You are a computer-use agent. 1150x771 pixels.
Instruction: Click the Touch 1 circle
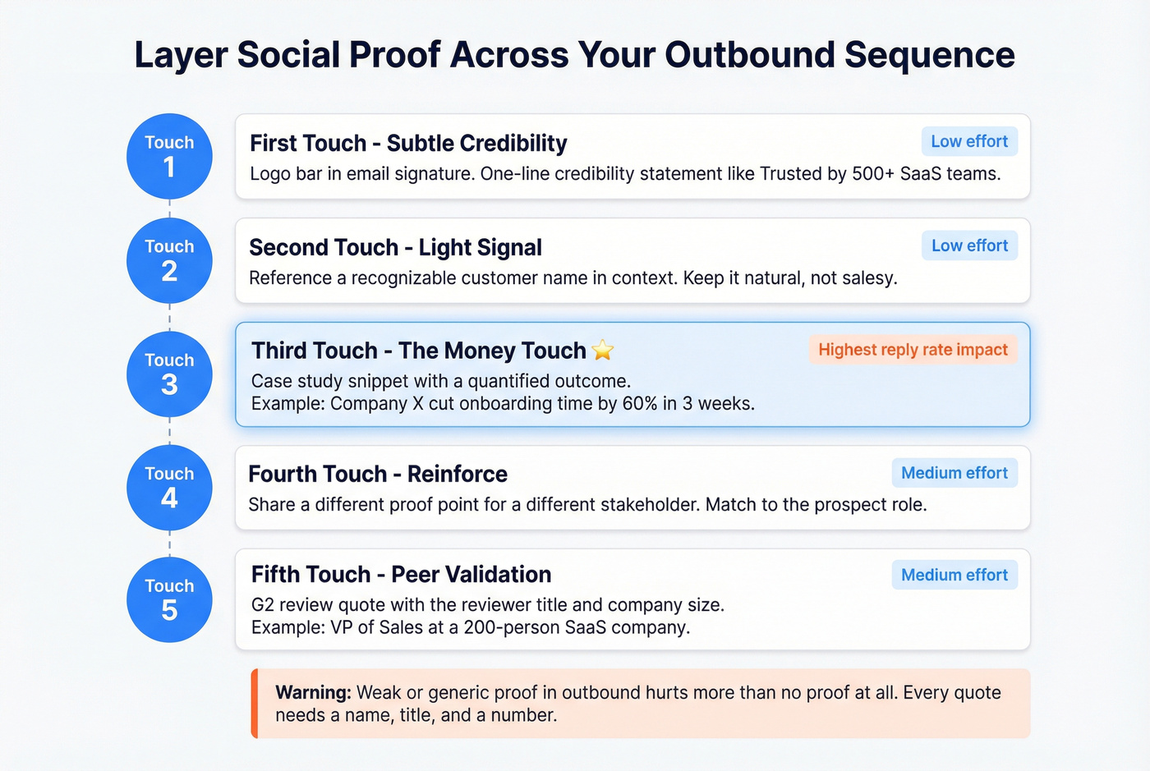[x=169, y=156]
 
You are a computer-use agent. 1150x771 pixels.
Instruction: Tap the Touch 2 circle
[x=169, y=260]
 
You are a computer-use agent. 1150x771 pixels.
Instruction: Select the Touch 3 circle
[x=169, y=374]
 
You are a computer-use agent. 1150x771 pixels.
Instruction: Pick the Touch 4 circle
[x=169, y=487]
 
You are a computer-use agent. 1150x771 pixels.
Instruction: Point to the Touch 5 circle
[x=169, y=599]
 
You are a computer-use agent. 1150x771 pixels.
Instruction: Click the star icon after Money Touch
[x=603, y=351]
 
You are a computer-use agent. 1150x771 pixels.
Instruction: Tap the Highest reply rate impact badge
[x=913, y=350]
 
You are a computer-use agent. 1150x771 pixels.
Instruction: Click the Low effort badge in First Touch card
[x=969, y=141]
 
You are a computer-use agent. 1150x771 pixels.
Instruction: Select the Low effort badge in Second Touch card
[x=969, y=246]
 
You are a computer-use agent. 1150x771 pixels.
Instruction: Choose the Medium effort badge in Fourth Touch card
[x=954, y=473]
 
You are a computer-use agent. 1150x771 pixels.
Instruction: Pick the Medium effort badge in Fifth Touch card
[x=954, y=575]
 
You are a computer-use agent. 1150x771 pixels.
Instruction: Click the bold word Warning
[x=313, y=692]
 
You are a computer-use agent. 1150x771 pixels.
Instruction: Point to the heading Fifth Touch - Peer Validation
[x=401, y=574]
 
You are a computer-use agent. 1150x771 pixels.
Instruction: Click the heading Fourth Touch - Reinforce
[x=378, y=474]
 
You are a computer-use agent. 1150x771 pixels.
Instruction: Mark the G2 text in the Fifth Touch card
[x=262, y=605]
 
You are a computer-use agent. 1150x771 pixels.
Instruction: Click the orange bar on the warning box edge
[x=255, y=704]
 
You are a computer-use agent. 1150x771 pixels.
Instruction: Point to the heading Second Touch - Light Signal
[x=395, y=247]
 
